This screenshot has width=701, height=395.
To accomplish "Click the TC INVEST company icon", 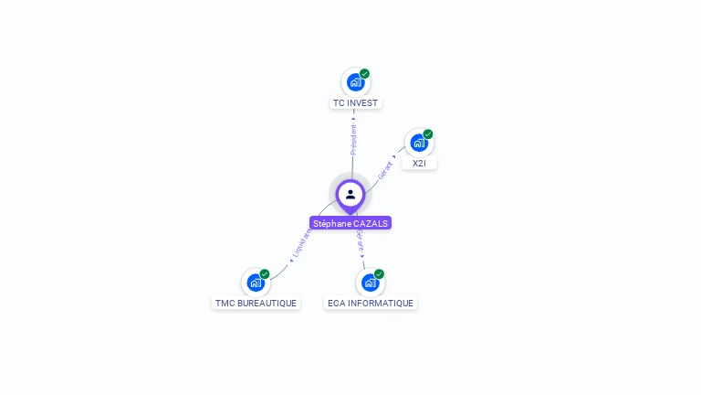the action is (355, 82).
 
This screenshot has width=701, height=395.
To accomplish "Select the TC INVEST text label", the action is (355, 103).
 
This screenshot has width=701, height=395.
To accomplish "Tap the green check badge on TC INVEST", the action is (364, 74).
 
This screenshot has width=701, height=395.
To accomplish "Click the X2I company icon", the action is (418, 143).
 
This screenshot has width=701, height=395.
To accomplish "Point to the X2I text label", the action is (419, 163).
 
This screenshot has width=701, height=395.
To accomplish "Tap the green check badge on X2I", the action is (427, 134).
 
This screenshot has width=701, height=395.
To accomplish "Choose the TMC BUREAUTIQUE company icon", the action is (256, 283).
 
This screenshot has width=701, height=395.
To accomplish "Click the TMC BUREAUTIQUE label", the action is (256, 303).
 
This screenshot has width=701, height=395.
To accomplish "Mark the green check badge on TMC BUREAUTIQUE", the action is (265, 274).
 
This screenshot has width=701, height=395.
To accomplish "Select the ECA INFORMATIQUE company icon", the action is (370, 283).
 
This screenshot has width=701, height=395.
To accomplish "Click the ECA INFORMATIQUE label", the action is (371, 303).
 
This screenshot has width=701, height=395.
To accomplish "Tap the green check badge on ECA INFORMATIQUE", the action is (379, 274).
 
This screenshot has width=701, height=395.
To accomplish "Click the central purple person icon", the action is (350, 195).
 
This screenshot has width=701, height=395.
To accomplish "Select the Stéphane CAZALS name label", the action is (350, 223).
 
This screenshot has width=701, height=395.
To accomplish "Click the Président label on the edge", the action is (354, 138).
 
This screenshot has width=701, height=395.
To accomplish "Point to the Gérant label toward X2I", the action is (386, 171).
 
